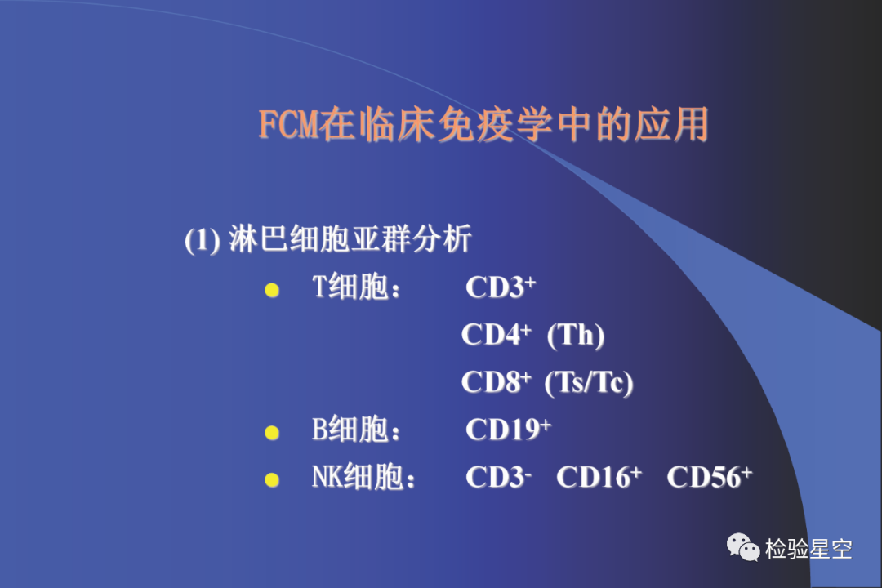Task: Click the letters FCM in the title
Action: pyautogui.click(x=288, y=124)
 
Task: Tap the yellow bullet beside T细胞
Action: pyautogui.click(x=272, y=290)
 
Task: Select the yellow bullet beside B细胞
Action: pyautogui.click(x=272, y=432)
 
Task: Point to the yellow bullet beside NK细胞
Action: pyautogui.click(x=272, y=479)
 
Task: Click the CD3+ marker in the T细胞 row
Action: pyautogui.click(x=501, y=287)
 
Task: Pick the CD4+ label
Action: pyautogui.click(x=497, y=334)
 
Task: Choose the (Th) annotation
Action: pyautogui.click(x=576, y=336)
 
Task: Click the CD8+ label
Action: pyautogui.click(x=497, y=381)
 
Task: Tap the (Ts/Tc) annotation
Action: pyautogui.click(x=589, y=383)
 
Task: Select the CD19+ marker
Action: pyautogui.click(x=509, y=430)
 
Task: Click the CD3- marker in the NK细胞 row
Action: pyautogui.click(x=498, y=477)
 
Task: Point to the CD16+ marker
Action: pyautogui.click(x=599, y=477)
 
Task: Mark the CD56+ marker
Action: pyautogui.click(x=710, y=477)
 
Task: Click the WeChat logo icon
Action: pyautogui.click(x=743, y=547)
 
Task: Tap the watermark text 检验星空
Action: pyautogui.click(x=808, y=549)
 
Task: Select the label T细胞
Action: pyautogui.click(x=350, y=287)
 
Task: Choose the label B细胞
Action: pyautogui.click(x=350, y=430)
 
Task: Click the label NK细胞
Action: pyautogui.click(x=359, y=477)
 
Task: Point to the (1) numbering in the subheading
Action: pyautogui.click(x=203, y=240)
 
